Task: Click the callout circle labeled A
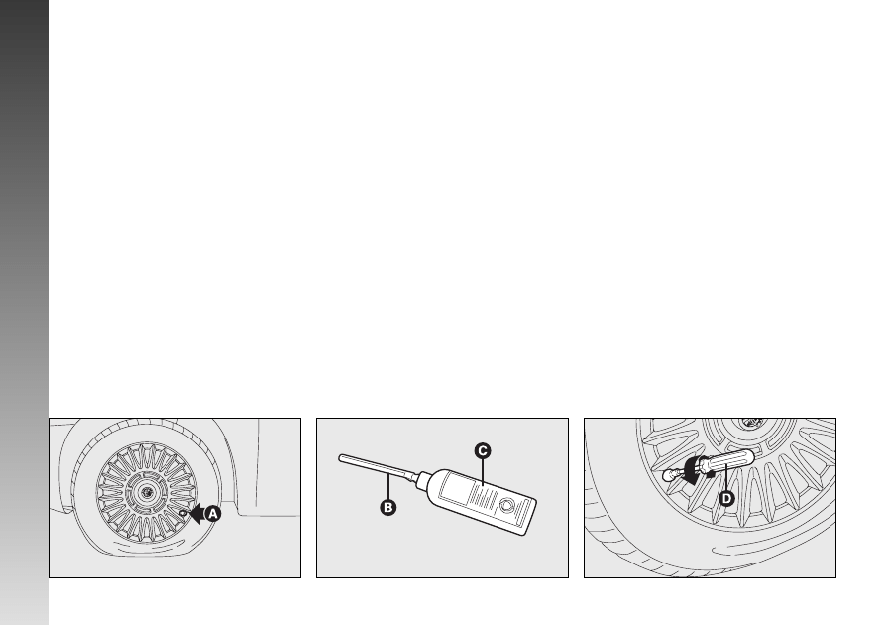(212, 514)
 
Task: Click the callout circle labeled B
(387, 508)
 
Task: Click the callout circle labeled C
(483, 451)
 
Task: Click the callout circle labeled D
(726, 498)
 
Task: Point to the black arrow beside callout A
(195, 514)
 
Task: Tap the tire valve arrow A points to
(183, 513)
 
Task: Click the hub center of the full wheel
(147, 492)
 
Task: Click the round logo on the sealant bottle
(506, 505)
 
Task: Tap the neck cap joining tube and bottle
(423, 480)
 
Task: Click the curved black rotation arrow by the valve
(693, 470)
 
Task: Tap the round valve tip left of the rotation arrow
(670, 476)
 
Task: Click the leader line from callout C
(483, 472)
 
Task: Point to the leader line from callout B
(388, 488)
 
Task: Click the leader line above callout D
(726, 478)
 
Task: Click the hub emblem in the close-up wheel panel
(751, 423)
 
